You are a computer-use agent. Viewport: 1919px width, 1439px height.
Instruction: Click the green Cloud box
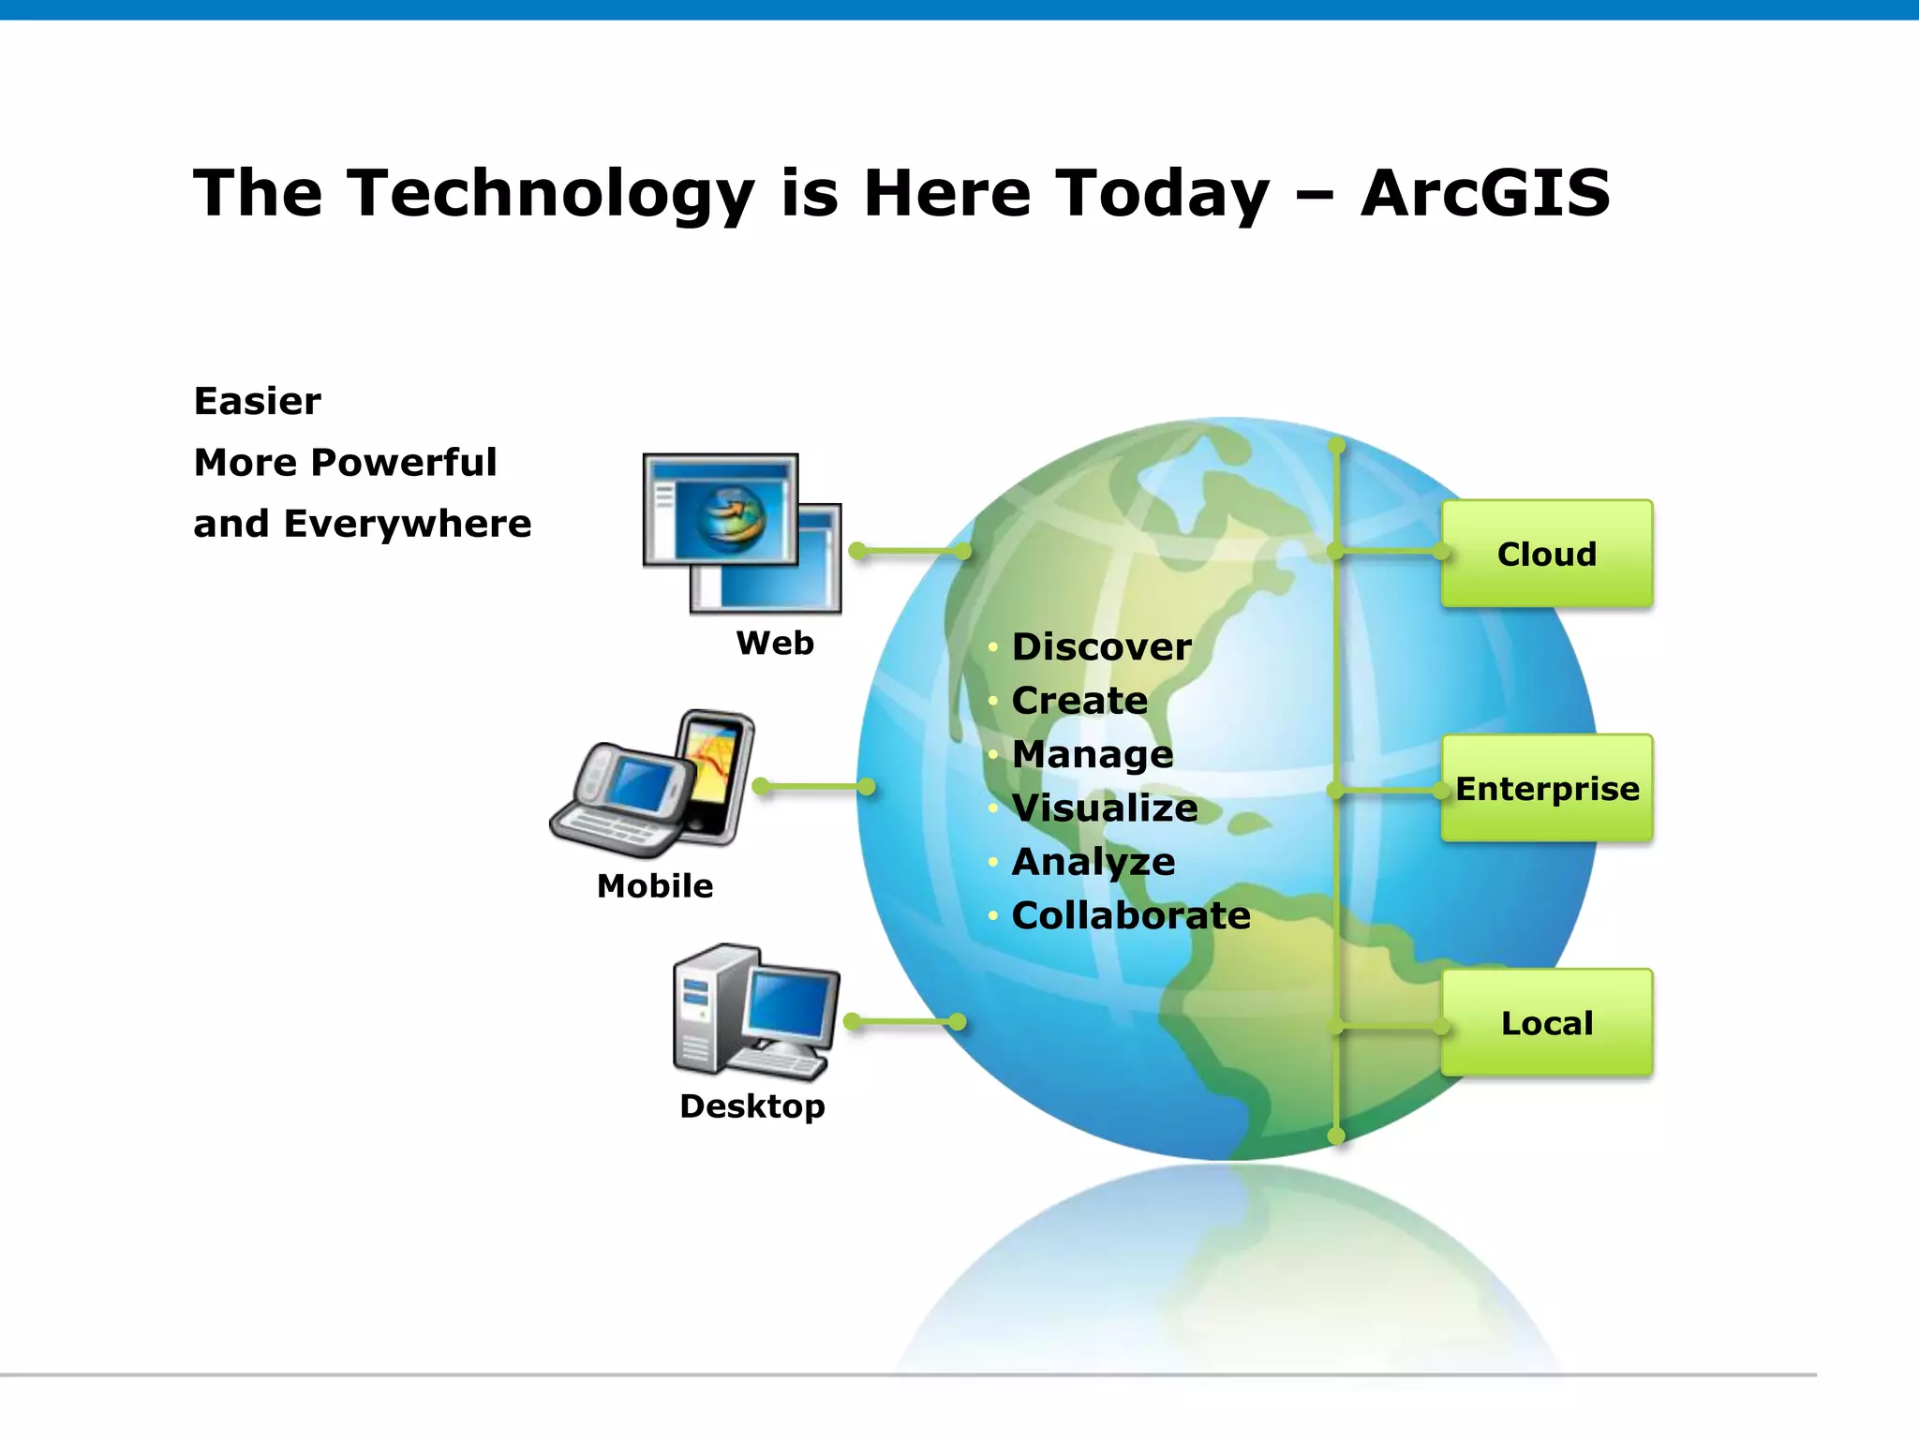coord(1546,554)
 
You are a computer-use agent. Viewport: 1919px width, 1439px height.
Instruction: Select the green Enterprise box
coord(1546,788)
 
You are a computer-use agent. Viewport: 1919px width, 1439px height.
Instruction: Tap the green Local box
coord(1546,1022)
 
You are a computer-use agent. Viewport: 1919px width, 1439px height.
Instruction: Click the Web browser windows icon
coord(741,532)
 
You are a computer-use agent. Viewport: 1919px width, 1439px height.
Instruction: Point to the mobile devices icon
coord(654,785)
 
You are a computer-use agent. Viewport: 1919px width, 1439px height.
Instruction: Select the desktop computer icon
coord(755,1013)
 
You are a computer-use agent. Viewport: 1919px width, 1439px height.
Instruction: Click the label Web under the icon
coord(775,643)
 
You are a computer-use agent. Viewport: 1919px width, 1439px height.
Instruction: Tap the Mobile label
coord(655,885)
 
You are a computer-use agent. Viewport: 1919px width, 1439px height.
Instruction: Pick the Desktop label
coord(752,1105)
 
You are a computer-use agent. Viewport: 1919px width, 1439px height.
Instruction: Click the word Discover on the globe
coord(1102,646)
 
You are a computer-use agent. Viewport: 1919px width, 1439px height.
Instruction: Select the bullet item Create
coord(1079,700)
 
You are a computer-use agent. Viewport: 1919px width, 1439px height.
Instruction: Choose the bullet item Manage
coord(1093,754)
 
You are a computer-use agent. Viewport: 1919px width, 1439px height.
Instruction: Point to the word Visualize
coord(1105,808)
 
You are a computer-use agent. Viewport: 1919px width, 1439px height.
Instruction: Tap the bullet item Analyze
coord(1093,862)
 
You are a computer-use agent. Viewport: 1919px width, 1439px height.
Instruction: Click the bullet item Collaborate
coord(1131,915)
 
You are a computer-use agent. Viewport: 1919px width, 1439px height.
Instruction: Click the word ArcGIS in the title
coord(1485,193)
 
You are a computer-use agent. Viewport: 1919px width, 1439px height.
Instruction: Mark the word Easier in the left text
coord(258,401)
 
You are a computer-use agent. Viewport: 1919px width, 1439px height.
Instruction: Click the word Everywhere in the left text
coord(408,524)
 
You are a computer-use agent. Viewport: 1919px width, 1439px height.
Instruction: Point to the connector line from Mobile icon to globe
coord(813,786)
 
